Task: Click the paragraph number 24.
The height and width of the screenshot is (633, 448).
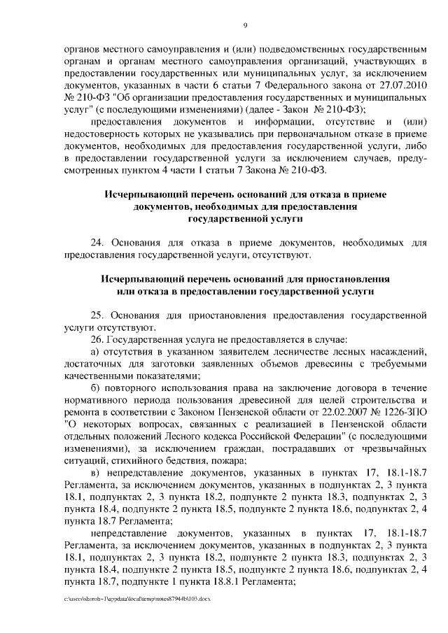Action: tap(98, 243)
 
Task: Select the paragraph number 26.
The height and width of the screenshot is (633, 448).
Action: tap(98, 339)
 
